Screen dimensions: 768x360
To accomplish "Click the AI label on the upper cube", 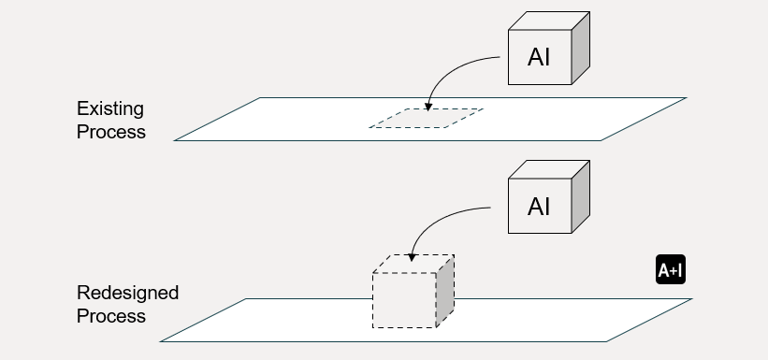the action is pyautogui.click(x=539, y=57).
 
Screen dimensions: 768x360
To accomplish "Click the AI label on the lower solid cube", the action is pyautogui.click(x=539, y=207).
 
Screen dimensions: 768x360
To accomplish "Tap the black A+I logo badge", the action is pyautogui.click(x=671, y=269).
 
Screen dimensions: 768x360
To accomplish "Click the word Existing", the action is pyautogui.click(x=110, y=109).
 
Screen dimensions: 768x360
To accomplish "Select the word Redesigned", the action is pyautogui.click(x=128, y=293).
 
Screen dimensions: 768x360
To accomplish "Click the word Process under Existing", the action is pyautogui.click(x=111, y=132).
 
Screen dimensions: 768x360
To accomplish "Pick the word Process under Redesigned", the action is pyautogui.click(x=111, y=316).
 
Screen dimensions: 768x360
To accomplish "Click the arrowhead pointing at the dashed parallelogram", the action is pyautogui.click(x=428, y=108).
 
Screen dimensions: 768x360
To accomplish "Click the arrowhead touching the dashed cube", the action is pyautogui.click(x=412, y=257).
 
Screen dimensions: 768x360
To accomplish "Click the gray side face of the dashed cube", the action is pyautogui.click(x=445, y=291).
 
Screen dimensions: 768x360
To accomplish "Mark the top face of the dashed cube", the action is pyautogui.click(x=413, y=264).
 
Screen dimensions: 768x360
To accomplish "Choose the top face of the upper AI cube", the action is pyautogui.click(x=549, y=21).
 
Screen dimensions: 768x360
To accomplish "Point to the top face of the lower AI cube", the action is pyautogui.click(x=549, y=169).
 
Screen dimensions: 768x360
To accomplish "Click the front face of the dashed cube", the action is pyautogui.click(x=404, y=300).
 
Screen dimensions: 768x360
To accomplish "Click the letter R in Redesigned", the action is pyautogui.click(x=82, y=293).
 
